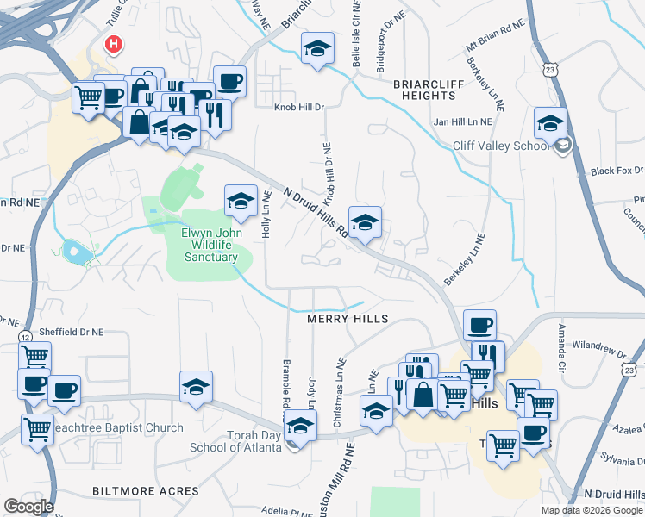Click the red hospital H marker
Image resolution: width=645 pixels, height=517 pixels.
pyautogui.click(x=112, y=43)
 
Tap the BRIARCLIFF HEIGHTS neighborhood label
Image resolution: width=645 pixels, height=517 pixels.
pyautogui.click(x=424, y=90)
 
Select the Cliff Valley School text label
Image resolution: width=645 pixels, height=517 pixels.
pyautogui.click(x=501, y=146)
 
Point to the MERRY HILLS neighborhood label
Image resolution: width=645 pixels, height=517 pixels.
pyautogui.click(x=348, y=319)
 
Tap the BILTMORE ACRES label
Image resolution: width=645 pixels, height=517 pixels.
pyautogui.click(x=146, y=491)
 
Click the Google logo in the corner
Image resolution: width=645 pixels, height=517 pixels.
pyautogui.click(x=28, y=506)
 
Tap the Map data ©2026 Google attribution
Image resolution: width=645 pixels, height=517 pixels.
pyautogui.click(x=592, y=510)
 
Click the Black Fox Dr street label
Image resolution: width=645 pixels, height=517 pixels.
pyautogui.click(x=617, y=171)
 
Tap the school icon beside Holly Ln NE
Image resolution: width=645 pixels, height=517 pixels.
pyautogui.click(x=241, y=202)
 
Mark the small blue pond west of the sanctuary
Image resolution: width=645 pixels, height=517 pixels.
pyautogui.click(x=75, y=252)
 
